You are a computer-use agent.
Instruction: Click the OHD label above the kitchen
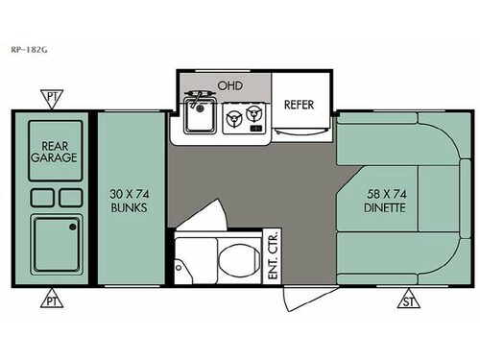229,85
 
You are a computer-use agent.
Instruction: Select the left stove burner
231,119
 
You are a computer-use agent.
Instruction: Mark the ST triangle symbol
410,300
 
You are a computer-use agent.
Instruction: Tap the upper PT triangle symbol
49,97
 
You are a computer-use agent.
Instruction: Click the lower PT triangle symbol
49,300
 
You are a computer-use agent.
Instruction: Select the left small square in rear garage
41,198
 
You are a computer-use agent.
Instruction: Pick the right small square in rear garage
70,198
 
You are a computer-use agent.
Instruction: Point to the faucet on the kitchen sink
200,98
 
